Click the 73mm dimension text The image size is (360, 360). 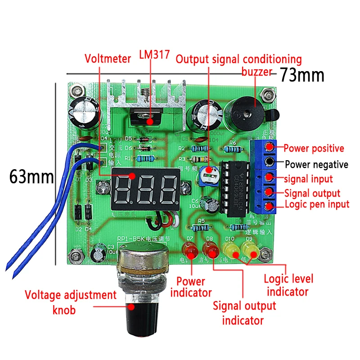click(x=302, y=75)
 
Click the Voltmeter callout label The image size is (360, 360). click(x=108, y=58)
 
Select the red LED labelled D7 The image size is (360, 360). click(x=190, y=250)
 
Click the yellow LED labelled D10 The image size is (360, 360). click(x=230, y=250)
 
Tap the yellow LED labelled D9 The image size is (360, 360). click(x=250, y=250)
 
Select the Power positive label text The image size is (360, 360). click(x=314, y=148)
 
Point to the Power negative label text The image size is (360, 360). click(x=316, y=164)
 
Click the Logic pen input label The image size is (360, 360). click(x=317, y=204)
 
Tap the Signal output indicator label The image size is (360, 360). click(x=244, y=313)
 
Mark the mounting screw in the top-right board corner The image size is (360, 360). click(x=269, y=95)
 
